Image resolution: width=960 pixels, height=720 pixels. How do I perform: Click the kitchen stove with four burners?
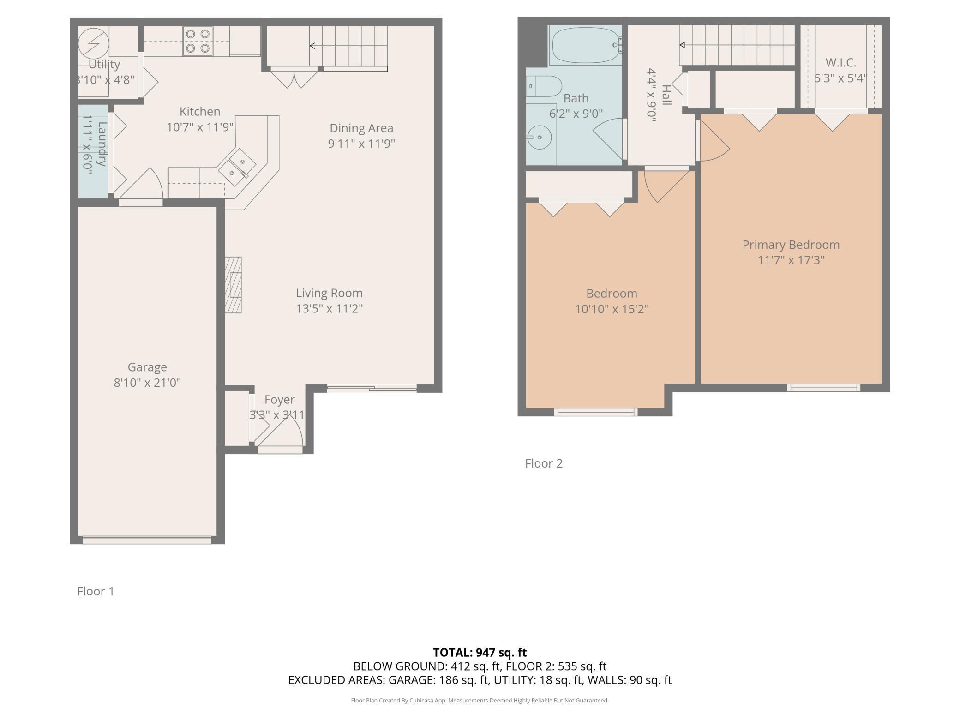pos(198,41)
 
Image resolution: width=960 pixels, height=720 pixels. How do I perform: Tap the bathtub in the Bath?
pos(585,45)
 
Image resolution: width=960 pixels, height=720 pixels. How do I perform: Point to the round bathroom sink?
pos(539,137)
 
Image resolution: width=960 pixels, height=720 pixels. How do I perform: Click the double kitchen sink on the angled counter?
pos(237,167)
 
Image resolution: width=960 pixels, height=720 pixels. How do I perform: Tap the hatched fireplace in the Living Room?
pos(233,285)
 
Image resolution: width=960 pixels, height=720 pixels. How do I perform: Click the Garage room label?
pos(147,367)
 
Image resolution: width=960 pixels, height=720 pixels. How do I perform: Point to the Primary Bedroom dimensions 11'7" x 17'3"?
pos(791,260)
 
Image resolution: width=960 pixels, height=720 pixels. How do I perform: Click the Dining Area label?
pos(361,128)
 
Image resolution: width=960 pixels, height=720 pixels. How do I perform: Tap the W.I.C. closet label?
pos(840,62)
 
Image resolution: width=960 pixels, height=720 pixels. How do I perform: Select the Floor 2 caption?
pos(544,463)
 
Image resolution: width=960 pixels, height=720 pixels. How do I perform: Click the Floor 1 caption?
pos(96,591)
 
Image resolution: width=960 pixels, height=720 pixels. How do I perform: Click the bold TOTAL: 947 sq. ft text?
pos(480,652)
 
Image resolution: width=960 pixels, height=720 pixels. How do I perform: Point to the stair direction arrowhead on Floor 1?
pos(312,46)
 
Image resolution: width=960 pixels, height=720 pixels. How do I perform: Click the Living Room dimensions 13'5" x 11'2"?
pos(329,308)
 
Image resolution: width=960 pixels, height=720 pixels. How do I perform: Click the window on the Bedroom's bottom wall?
pos(595,412)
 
